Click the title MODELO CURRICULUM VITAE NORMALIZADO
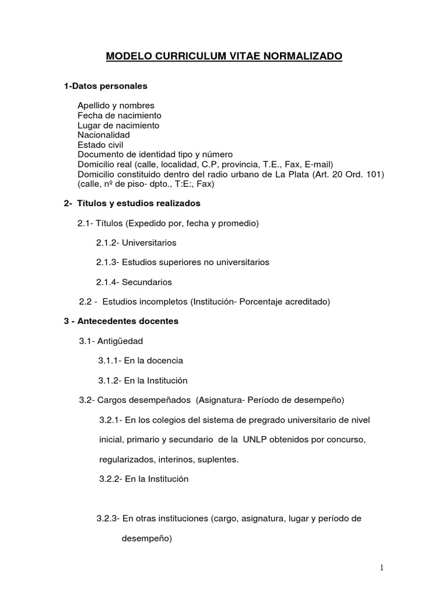coord(224,57)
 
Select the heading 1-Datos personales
coord(106,86)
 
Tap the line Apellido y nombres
coord(116,106)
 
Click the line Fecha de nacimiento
coord(119,116)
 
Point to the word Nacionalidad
coord(103,135)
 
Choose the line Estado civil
coord(100,145)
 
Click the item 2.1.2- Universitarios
coord(136,243)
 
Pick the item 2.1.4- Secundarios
coord(134,282)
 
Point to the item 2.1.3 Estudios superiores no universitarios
coord(183,263)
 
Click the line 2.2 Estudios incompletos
coord(204,302)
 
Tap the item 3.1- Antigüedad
coord(111,341)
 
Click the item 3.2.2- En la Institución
coord(143,479)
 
